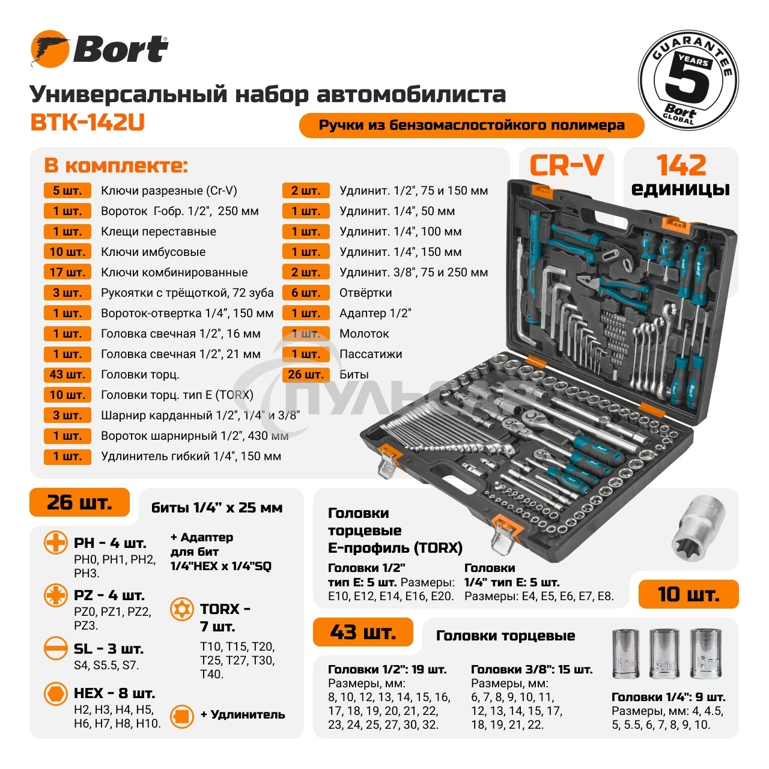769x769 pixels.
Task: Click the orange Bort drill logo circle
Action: pyautogui.click(x=50, y=49)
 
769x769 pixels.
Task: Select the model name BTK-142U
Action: pyautogui.click(x=87, y=122)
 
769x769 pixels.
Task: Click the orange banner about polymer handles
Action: pyautogui.click(x=472, y=126)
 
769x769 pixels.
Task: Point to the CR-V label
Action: pyautogui.click(x=566, y=165)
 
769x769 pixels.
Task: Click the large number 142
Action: pyautogui.click(x=681, y=165)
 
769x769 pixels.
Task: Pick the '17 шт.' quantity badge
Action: pyautogui.click(x=67, y=272)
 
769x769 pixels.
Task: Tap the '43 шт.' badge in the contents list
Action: pyautogui.click(x=67, y=374)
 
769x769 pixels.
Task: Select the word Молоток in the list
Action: pyautogui.click(x=364, y=333)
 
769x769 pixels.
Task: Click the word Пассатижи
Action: pyautogui.click(x=371, y=354)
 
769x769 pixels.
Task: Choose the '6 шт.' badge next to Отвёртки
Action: pyautogui.click(x=306, y=293)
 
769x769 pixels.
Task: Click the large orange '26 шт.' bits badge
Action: pyautogui.click(x=79, y=502)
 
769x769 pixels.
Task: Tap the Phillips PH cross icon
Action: pyautogui.click(x=56, y=543)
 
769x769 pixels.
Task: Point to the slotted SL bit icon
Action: pyautogui.click(x=56, y=649)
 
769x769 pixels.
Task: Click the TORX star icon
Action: pyautogui.click(x=182, y=609)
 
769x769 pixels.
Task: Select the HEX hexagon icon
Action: pyautogui.click(x=56, y=694)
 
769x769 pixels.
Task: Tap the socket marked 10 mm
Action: pyautogui.click(x=705, y=654)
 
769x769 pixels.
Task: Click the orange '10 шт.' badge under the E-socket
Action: pyautogui.click(x=688, y=594)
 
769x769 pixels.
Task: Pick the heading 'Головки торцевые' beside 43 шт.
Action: pyautogui.click(x=505, y=636)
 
